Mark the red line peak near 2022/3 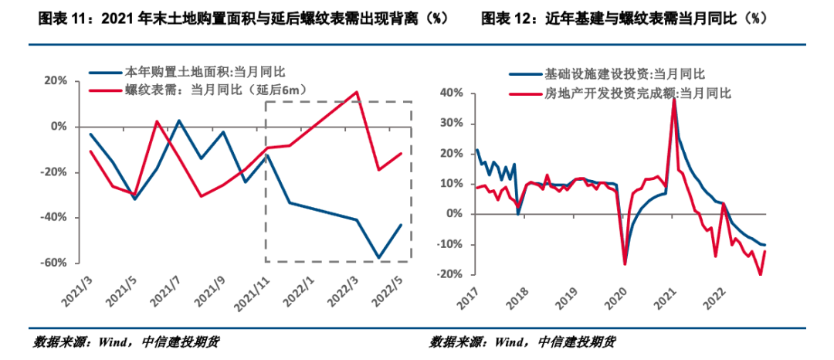[357, 92]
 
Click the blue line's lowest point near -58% [378, 257]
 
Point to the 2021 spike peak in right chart [673, 98]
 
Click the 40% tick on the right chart [451, 93]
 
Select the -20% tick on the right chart [449, 274]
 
